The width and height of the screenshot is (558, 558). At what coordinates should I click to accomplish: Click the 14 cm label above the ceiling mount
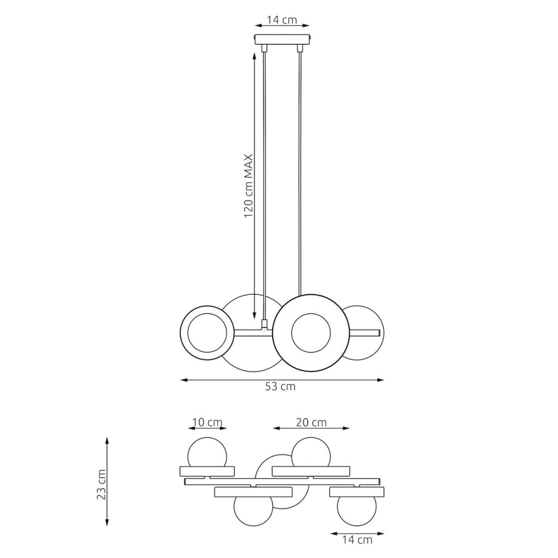coord(282,20)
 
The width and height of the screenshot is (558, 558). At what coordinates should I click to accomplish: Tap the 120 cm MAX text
coord(248,186)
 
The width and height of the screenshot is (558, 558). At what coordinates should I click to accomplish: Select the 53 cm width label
coord(280,386)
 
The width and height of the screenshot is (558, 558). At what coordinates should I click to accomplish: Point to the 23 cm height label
coord(102,484)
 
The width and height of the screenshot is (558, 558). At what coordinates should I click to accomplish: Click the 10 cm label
coord(207,422)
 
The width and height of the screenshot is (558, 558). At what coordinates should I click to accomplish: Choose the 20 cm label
coord(311,422)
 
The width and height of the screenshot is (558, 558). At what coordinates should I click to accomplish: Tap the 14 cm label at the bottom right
coord(357,540)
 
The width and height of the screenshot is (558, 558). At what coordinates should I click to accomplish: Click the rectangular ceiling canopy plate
coord(283,39)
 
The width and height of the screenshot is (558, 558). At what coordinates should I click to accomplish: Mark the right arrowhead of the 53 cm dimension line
coord(381,380)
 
